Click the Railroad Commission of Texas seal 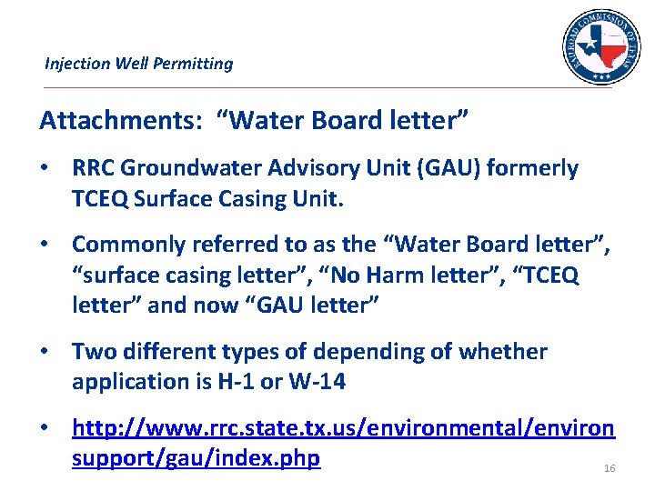[x=601, y=47]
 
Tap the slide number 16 [x=610, y=468]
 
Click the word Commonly [x=127, y=245]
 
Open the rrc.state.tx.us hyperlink [x=343, y=427]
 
